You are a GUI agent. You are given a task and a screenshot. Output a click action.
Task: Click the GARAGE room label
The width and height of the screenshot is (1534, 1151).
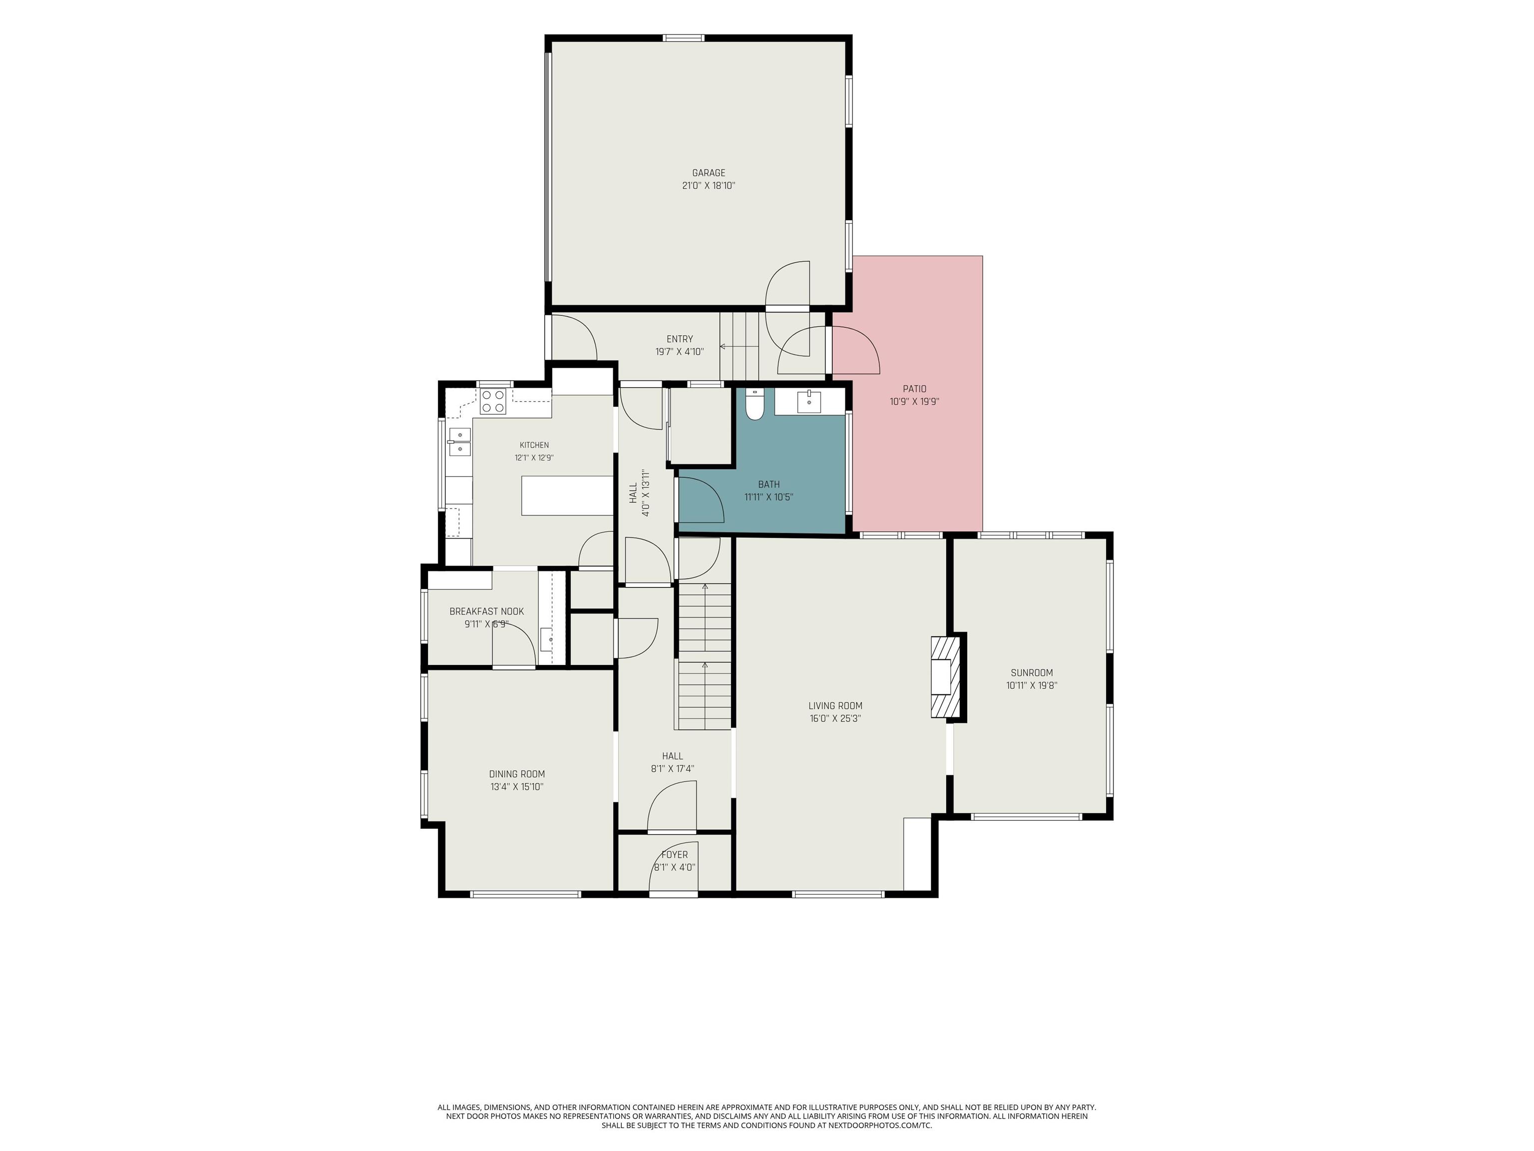point(708,173)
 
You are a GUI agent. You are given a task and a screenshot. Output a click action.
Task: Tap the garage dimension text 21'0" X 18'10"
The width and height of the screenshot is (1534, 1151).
point(708,186)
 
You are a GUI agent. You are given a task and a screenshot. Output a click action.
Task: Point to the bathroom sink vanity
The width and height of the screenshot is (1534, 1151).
point(809,401)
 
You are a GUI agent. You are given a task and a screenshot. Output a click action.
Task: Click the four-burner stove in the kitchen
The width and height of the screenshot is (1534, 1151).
point(493,401)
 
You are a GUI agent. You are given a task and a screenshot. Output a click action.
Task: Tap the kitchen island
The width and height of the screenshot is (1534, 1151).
point(567,496)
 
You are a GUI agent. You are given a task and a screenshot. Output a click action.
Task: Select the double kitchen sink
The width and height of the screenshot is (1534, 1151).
point(459,442)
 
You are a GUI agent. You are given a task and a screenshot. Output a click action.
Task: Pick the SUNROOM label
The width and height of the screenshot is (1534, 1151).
point(1031,673)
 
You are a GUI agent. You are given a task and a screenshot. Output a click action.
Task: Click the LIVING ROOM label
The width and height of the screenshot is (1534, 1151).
point(835,705)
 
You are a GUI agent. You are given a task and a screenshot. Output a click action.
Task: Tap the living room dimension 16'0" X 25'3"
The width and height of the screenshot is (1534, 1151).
point(835,719)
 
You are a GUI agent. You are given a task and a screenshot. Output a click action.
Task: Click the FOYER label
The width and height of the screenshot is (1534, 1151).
point(674,855)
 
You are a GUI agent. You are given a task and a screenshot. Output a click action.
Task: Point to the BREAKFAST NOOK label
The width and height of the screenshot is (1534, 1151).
point(486,611)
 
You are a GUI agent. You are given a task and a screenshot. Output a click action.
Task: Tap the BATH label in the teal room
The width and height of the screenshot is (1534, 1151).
point(768,484)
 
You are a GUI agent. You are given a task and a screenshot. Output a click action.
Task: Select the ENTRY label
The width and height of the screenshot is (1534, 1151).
point(680,339)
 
